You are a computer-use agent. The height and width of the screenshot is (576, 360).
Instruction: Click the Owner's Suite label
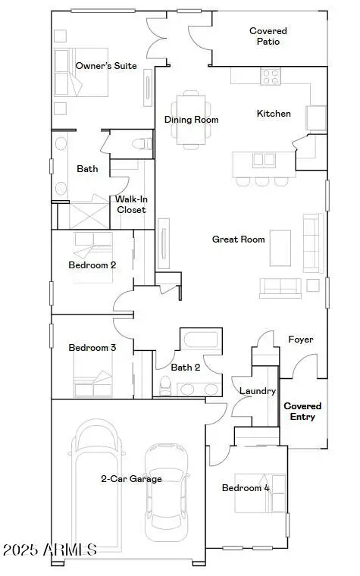point(106,66)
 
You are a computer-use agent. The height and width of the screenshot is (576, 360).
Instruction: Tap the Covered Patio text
point(268,36)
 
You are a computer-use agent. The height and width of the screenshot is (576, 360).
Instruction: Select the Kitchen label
point(274,114)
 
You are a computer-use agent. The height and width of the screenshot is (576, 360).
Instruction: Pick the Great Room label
point(238,239)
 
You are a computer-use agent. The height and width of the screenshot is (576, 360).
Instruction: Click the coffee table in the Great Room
point(280,247)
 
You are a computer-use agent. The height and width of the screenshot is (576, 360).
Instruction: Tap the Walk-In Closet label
point(130,205)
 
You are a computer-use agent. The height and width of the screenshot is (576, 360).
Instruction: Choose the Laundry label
point(252,391)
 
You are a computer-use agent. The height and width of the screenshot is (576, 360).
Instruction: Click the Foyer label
point(301,340)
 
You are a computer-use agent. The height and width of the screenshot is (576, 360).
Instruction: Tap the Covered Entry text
point(302,412)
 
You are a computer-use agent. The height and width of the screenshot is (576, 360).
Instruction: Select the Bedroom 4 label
point(245,488)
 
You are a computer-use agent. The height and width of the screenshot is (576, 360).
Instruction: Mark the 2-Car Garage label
point(131,479)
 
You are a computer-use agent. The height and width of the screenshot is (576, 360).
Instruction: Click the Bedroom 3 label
point(92,348)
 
